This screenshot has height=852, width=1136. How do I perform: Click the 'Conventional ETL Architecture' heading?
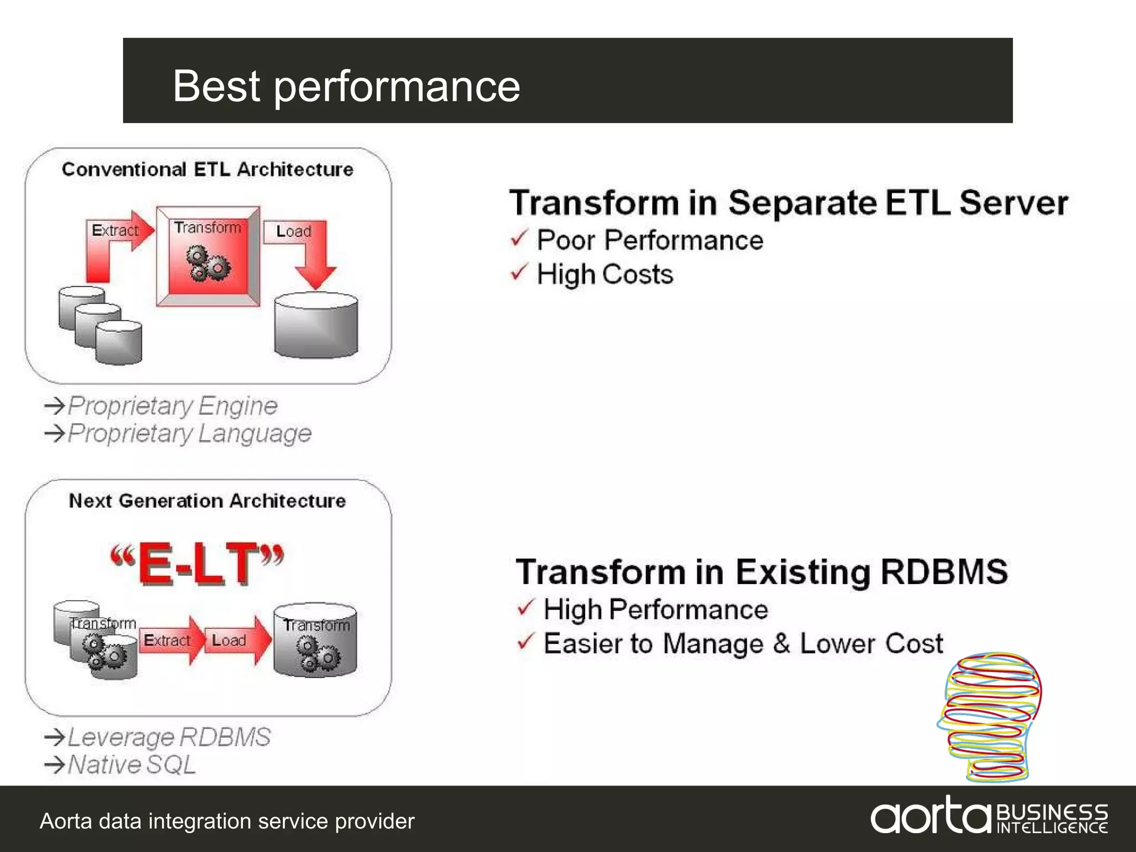coord(207,169)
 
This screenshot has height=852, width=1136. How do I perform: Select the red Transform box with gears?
coord(208,256)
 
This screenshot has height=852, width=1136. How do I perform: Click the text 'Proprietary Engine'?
coord(172,406)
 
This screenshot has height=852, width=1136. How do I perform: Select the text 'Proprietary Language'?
coord(189,433)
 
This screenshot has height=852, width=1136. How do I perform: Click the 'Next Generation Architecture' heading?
coord(207,501)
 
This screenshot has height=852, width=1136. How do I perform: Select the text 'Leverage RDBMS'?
coord(169,737)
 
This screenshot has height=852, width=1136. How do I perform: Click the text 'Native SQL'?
coord(131,765)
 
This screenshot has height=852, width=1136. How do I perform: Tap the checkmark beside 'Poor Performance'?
coord(519,239)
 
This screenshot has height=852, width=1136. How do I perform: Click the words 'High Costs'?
coord(605,275)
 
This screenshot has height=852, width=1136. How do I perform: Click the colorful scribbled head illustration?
coord(990,716)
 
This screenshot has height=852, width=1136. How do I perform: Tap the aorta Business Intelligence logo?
coord(988,816)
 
